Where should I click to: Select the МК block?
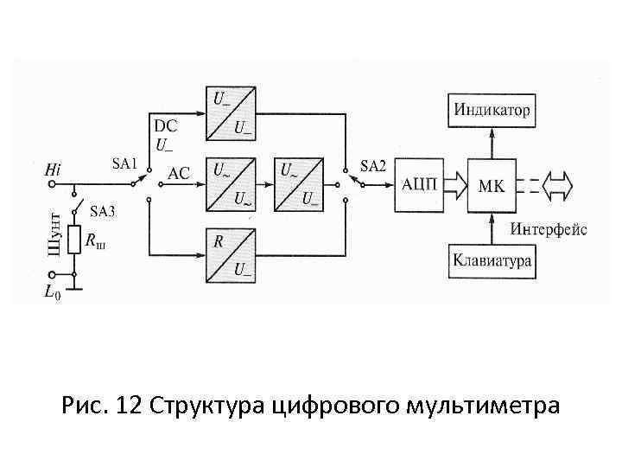tap(491, 184)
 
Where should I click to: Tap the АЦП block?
tap(420, 184)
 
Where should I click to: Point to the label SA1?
tap(124, 162)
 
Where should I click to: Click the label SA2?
tap(373, 166)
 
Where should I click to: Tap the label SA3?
tap(104, 211)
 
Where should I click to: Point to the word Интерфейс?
tap(548, 229)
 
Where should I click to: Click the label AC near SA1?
tap(178, 173)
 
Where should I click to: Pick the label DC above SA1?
tap(165, 126)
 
